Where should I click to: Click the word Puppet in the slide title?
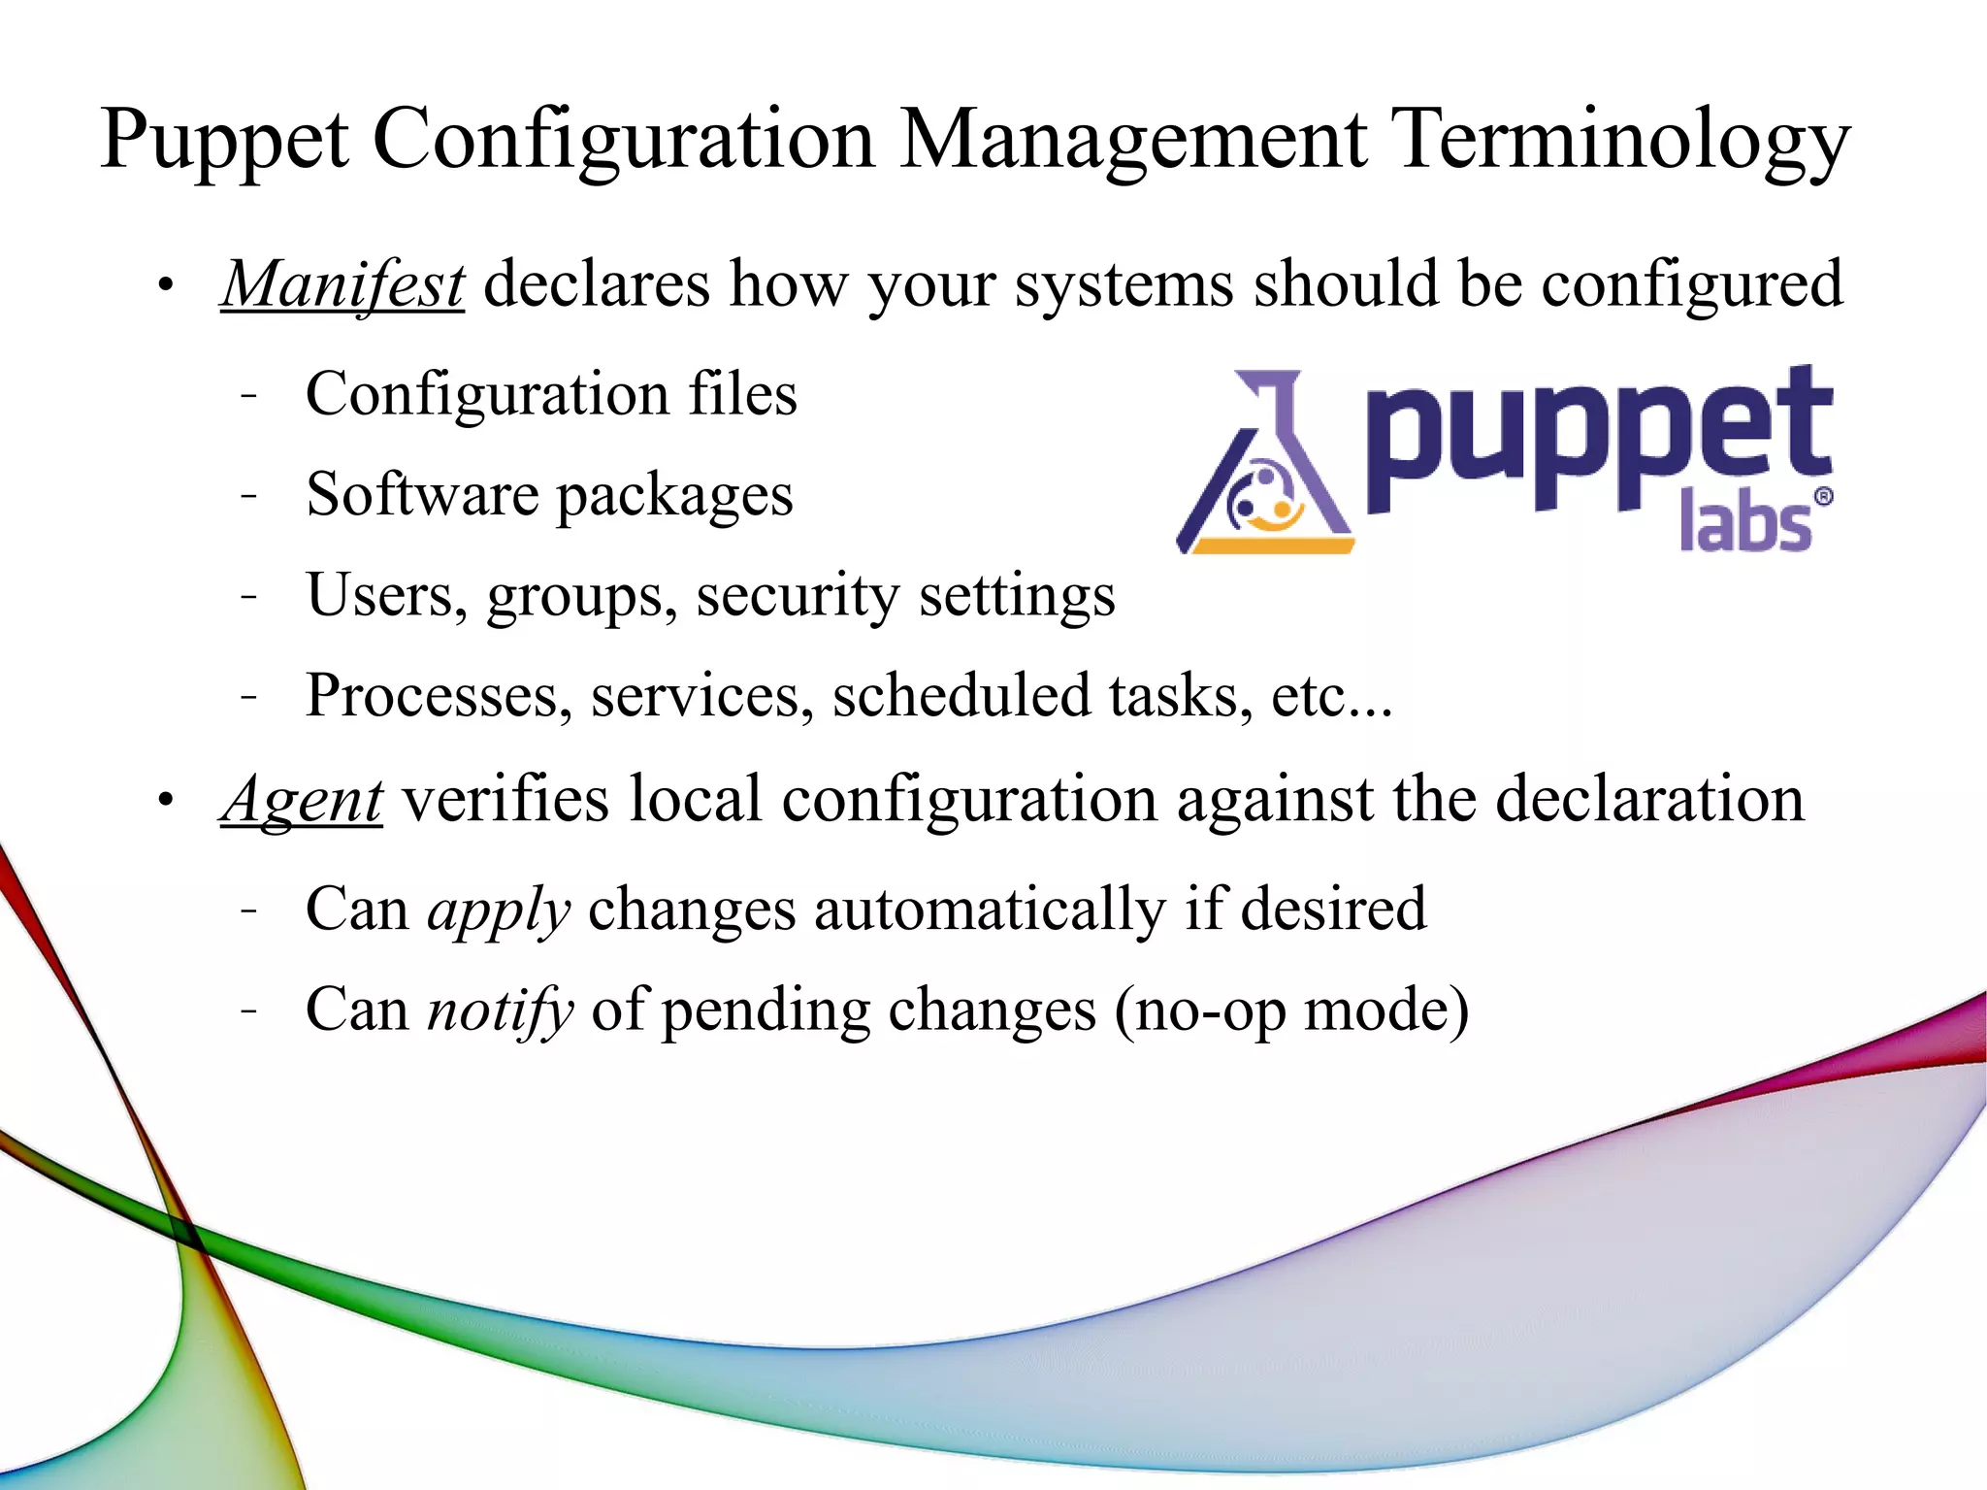(x=224, y=141)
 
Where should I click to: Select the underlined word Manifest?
(x=342, y=285)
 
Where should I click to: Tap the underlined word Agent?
(x=302, y=800)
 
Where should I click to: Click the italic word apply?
(x=499, y=911)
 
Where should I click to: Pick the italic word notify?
(x=501, y=1010)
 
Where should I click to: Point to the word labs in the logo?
(x=1744, y=521)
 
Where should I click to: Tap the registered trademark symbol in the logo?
(x=1823, y=497)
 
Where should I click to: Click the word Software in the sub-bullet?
(x=421, y=495)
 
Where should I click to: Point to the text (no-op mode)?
(x=1290, y=1010)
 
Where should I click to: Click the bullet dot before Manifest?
(x=166, y=286)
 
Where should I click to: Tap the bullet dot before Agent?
(x=166, y=801)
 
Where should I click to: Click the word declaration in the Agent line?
(x=1648, y=800)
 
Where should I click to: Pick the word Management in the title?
(x=1132, y=141)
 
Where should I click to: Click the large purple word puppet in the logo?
(x=1598, y=437)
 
